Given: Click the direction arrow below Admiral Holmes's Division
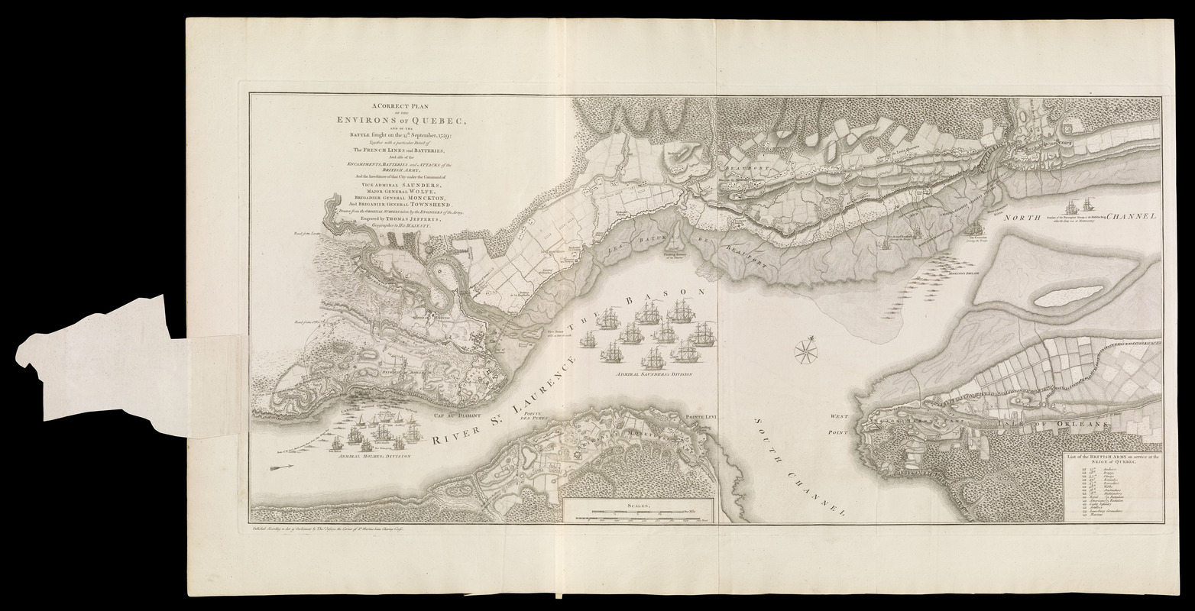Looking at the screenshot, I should (283, 467).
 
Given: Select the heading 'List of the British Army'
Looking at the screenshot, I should (1112, 460).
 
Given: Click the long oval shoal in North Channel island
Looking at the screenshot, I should (1067, 296).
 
